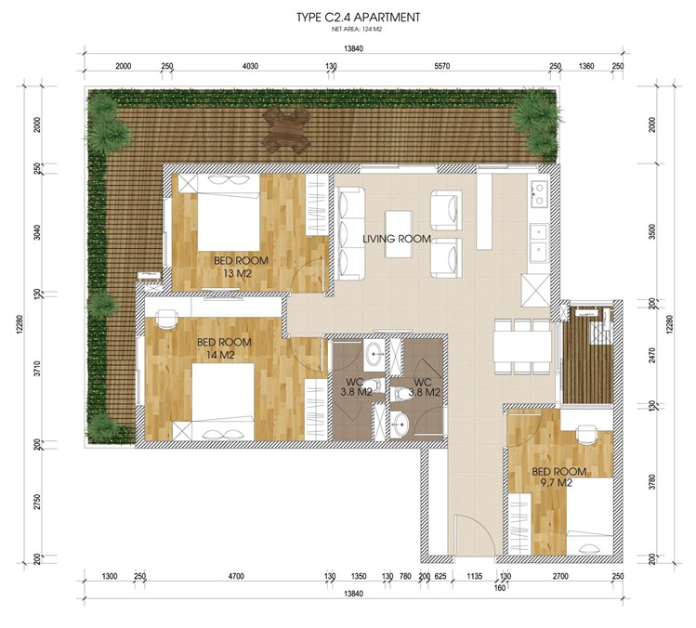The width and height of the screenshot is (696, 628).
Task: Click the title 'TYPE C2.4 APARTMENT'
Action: [358, 18]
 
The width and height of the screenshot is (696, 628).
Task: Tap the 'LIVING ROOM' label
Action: [397, 239]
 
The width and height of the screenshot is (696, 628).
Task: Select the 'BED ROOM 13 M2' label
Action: [241, 267]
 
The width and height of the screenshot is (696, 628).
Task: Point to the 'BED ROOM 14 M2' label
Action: [224, 348]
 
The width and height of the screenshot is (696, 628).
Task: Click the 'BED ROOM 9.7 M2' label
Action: [558, 478]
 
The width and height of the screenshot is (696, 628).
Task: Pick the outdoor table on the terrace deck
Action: [286, 130]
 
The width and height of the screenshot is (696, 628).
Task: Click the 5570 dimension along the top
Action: [442, 66]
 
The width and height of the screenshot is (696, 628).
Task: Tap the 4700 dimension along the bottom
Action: [236, 576]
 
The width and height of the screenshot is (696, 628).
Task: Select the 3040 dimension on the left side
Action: [37, 232]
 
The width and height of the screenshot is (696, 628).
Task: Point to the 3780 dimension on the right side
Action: [652, 482]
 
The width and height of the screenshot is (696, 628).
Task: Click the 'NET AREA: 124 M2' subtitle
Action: [357, 30]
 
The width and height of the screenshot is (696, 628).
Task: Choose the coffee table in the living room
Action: [399, 234]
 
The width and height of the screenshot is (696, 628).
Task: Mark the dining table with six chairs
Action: [523, 347]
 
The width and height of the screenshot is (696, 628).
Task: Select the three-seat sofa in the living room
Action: [349, 233]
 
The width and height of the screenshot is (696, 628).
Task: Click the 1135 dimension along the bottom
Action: [475, 576]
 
